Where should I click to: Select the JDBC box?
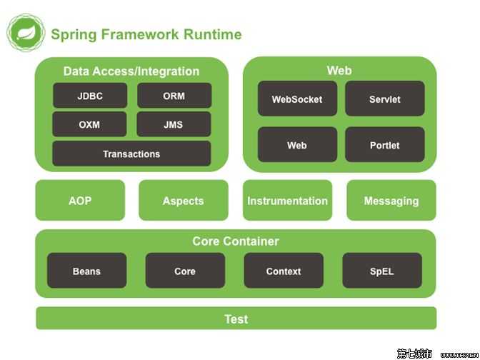tap(90, 96)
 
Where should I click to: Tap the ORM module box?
tap(174, 96)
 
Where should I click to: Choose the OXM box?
tap(89, 124)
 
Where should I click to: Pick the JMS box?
tap(174, 124)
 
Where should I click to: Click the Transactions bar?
tap(131, 154)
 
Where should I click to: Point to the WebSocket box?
tap(297, 99)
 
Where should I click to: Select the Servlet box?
tap(385, 99)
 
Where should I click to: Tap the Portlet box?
tap(385, 145)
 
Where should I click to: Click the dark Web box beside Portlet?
tap(297, 145)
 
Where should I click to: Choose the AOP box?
tap(80, 201)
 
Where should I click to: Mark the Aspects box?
tap(184, 201)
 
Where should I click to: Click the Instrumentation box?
tap(287, 201)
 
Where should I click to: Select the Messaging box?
tap(391, 201)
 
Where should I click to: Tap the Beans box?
tap(86, 271)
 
